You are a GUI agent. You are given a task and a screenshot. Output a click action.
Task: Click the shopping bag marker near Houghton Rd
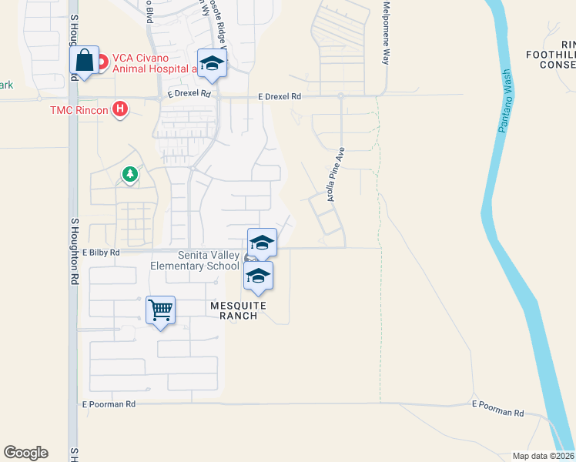85,61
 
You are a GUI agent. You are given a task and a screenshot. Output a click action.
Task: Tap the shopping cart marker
160,310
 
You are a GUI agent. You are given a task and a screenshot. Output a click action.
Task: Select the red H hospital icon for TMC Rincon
119,109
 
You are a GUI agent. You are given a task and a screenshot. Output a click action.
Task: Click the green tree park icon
130,176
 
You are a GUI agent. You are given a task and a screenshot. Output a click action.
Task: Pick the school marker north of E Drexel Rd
212,64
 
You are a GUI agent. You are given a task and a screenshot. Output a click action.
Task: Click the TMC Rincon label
79,109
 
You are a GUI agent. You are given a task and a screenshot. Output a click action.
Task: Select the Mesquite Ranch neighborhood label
239,310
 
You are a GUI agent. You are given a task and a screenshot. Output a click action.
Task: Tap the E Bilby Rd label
101,253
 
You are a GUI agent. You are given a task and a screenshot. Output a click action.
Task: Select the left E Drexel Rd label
189,94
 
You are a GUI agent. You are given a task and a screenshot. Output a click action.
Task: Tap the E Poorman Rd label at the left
109,403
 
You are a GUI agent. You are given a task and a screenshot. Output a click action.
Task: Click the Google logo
25,453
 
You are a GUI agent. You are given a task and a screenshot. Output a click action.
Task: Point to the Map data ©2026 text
544,456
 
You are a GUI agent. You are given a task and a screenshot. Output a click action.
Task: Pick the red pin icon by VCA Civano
102,59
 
